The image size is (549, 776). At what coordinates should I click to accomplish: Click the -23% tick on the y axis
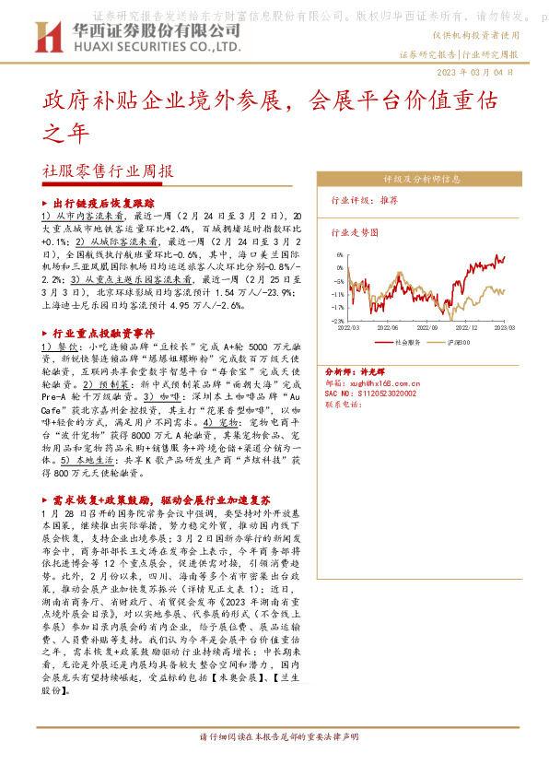pyautogui.click(x=338, y=321)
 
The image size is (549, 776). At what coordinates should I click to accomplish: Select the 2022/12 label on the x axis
pyautogui.click(x=469, y=326)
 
